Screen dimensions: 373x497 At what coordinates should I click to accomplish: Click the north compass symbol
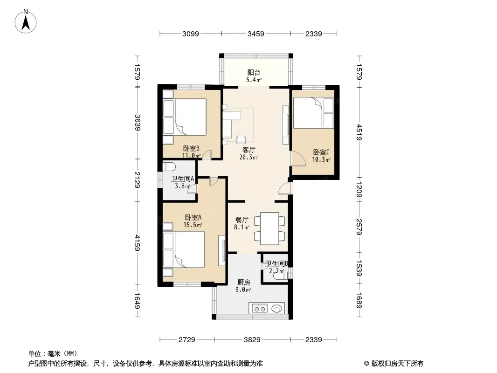pos(27,21)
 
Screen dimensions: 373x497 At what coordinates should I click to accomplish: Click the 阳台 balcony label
pos(253,73)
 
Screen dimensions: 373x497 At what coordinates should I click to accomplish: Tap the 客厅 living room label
pos(248,150)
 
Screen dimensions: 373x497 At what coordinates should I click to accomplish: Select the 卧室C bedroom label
pos(321,152)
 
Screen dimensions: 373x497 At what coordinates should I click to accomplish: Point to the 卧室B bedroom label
pos(191,149)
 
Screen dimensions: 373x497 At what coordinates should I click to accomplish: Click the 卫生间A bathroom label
pos(182,179)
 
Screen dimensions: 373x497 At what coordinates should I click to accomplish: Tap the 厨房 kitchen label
pos(244,282)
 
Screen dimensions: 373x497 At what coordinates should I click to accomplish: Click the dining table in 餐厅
pos(270,228)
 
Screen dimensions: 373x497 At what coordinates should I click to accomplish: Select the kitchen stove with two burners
pos(259,308)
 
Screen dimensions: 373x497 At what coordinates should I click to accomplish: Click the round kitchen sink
pos(277,308)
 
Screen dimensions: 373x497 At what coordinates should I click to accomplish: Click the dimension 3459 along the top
pos(256,34)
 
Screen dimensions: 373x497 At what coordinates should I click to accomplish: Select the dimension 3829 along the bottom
pos(252,340)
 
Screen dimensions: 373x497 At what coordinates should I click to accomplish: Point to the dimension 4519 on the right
pos(359,132)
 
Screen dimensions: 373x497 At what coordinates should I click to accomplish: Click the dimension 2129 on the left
pos(137,179)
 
